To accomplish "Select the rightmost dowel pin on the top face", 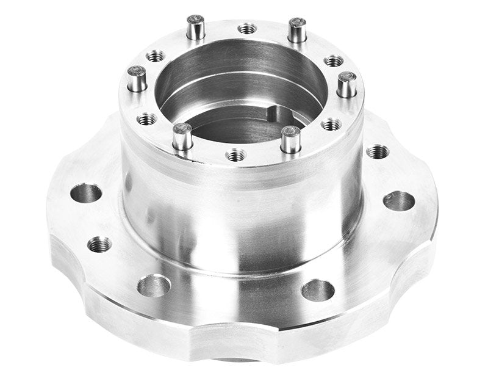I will point(346,84).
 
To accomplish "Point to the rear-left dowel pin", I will point(195,27).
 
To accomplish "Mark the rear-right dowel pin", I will point(297,30).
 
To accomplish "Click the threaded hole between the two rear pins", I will point(247,29).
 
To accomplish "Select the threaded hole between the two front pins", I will point(236,155).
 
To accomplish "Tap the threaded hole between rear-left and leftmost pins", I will point(156,56).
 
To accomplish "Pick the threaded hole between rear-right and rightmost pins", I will point(334,60).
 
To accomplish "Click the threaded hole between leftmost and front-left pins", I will point(147,119).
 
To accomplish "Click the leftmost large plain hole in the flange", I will point(86,194).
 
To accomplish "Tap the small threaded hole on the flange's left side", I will point(99,245).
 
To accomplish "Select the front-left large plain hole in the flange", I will point(154,285).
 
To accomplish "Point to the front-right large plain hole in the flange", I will point(318,290).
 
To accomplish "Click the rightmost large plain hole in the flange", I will point(399,200).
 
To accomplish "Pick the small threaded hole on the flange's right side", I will point(378,151).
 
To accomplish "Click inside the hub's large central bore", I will point(238,92).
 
